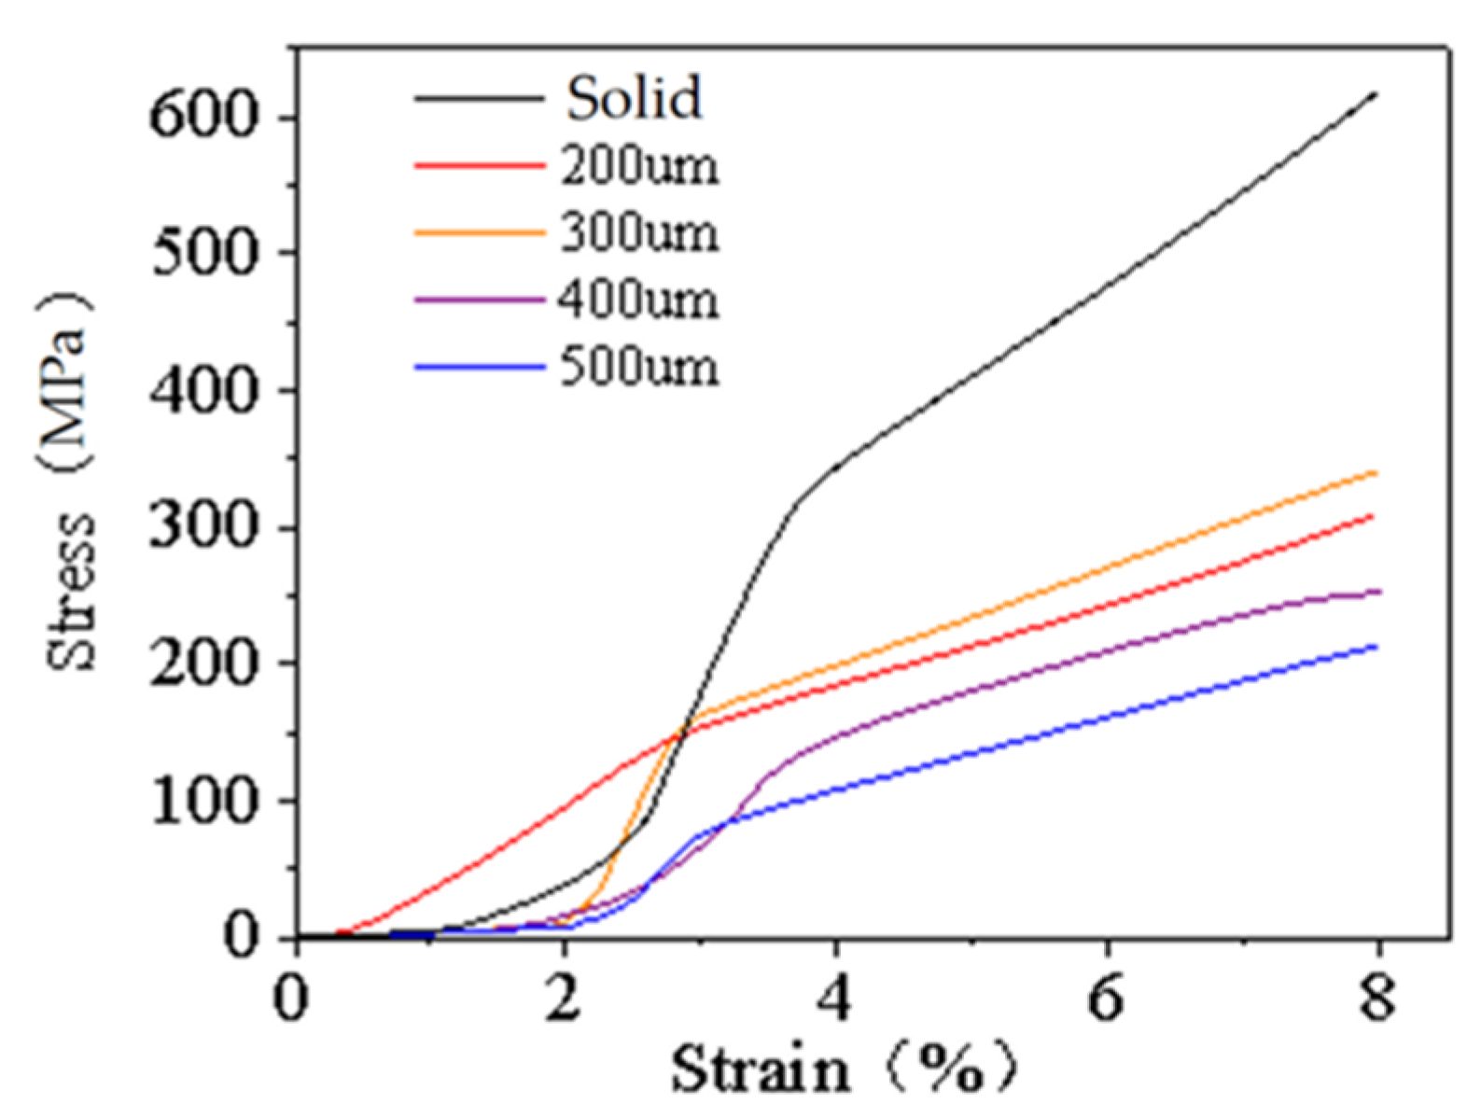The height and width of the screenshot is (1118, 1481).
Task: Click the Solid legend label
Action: pyautogui.click(x=634, y=98)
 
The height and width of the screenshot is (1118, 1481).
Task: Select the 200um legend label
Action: pyautogui.click(x=639, y=166)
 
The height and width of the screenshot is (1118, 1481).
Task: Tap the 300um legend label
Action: pyautogui.click(x=639, y=233)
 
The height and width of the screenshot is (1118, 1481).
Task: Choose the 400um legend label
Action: pyautogui.click(x=639, y=300)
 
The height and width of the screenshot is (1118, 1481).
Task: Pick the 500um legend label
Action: pyautogui.click(x=639, y=368)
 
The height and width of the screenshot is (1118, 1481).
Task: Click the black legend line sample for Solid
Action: pyautogui.click(x=479, y=98)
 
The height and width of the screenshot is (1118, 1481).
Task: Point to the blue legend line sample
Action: pyautogui.click(x=479, y=368)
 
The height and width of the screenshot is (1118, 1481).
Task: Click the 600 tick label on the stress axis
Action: pyautogui.click(x=203, y=119)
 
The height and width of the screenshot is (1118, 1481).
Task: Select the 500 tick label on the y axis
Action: pyautogui.click(x=203, y=254)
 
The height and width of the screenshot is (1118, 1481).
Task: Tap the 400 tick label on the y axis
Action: pyautogui.click(x=203, y=391)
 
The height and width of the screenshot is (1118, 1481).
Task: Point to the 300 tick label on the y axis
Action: pyautogui.click(x=203, y=528)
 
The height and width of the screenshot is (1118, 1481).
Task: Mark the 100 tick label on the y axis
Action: pyautogui.click(x=203, y=801)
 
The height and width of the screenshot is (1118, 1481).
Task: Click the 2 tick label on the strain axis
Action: pyautogui.click(x=565, y=998)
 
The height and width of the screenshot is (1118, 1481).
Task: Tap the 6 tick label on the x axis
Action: pyautogui.click(x=1107, y=998)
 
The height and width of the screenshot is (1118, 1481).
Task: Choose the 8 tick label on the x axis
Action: pyautogui.click(x=1377, y=998)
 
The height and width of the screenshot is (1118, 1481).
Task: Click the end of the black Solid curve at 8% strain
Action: pyautogui.click(x=1376, y=93)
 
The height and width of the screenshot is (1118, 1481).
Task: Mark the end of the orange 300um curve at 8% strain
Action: pyautogui.click(x=1376, y=473)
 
